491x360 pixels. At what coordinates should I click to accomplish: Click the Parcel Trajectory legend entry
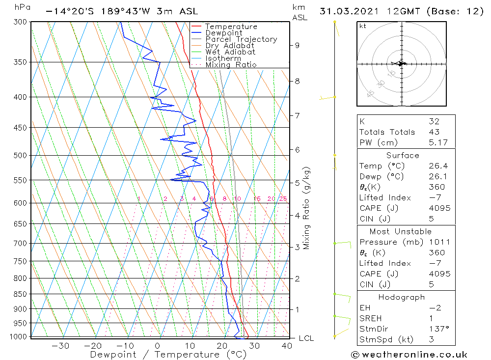coord(241,39)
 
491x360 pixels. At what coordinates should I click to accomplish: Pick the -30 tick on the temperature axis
coord(60,346)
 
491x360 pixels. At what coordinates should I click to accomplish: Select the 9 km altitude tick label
coord(297,45)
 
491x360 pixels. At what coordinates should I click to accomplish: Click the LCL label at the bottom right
coord(306,338)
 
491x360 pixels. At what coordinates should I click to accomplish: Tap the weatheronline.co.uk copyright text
coord(409,355)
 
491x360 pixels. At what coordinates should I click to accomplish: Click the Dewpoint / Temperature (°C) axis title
coord(162,355)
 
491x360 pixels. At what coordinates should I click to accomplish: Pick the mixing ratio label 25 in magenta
coord(283,199)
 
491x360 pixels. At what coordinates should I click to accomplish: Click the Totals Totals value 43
coord(434,132)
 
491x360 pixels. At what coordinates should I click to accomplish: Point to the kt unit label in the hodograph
coord(363,26)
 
